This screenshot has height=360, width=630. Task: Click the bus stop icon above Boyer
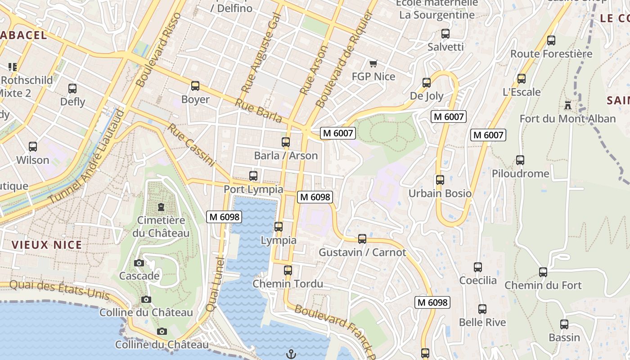coord(195,85)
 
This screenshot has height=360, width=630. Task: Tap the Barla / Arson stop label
coord(286,156)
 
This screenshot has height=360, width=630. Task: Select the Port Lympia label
coord(253,189)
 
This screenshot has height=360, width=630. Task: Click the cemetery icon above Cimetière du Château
coord(161,207)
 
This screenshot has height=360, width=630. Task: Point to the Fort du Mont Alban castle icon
coord(568,105)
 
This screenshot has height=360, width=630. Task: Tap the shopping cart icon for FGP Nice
coord(373,63)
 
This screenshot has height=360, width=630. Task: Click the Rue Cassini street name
coord(191,145)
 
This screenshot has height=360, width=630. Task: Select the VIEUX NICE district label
coord(47,245)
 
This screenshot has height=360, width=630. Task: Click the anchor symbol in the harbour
coord(291,354)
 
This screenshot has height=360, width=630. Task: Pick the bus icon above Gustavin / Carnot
coord(362,238)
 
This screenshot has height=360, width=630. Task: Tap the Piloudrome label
coord(520,174)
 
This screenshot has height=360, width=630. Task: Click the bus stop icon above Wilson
coord(33,146)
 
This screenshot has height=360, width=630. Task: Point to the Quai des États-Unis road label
coord(59,290)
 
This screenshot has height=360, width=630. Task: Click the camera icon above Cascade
coord(139,263)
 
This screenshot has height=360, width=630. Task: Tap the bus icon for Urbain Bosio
coord(440,180)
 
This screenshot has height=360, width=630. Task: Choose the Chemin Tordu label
coord(288,284)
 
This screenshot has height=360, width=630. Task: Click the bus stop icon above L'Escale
coord(521,78)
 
